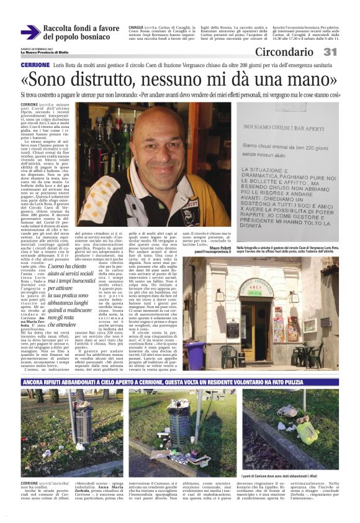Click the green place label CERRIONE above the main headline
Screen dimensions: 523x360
pyautogui.click(x=35, y=65)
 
